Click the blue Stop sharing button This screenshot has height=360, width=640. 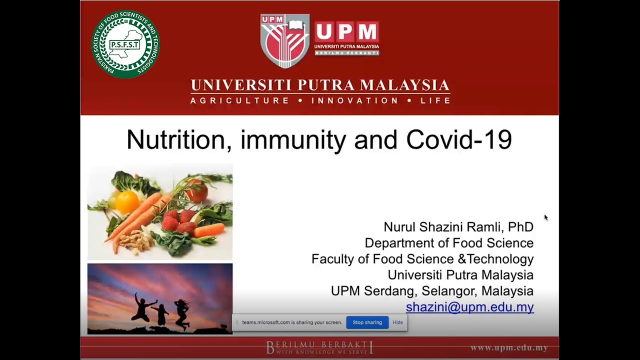click(x=367, y=322)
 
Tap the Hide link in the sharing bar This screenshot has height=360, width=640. click(x=397, y=322)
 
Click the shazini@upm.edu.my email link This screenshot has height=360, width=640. click(x=469, y=307)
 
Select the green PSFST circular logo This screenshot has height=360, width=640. click(x=125, y=44)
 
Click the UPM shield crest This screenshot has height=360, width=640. click(x=285, y=41)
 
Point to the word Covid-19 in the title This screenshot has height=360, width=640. click(x=459, y=139)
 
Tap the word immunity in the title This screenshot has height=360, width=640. click(x=293, y=140)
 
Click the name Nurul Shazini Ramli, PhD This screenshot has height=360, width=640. click(x=458, y=227)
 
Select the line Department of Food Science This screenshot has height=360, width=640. click(x=449, y=243)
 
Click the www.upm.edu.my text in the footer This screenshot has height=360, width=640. click(x=509, y=347)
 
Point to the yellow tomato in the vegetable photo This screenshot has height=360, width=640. click(x=127, y=201)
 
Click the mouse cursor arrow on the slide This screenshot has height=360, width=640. click(x=546, y=217)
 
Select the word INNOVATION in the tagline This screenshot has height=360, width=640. click(x=354, y=100)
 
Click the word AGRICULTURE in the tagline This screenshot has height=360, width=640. click(x=239, y=100)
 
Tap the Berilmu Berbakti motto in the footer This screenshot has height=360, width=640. click(x=319, y=347)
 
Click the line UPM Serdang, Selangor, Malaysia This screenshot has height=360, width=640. click(x=432, y=291)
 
